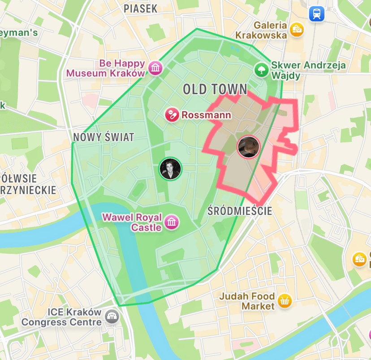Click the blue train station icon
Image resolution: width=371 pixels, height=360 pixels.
pos(317,14)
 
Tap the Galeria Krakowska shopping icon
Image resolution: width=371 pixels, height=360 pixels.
pos(296,30)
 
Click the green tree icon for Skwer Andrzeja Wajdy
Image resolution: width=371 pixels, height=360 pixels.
pos(260,69)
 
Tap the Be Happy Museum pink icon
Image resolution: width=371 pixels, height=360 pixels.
pos(155,68)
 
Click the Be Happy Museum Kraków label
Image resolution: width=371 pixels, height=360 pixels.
pos(107,68)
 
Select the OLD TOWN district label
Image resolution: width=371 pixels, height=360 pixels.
pos(215,89)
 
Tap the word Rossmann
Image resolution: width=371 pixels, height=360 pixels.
pos(206,115)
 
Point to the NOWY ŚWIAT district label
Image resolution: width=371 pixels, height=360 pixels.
pos(104,138)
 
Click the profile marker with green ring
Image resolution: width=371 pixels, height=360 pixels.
pos(170,169)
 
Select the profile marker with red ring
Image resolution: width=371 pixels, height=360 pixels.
pos(248,147)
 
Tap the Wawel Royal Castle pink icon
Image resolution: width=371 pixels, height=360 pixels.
pos(171,222)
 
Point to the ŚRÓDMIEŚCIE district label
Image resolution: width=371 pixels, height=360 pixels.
pos(240,211)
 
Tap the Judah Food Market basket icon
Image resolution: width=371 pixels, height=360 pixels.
pos(284,301)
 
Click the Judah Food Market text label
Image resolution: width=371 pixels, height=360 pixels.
pos(246,301)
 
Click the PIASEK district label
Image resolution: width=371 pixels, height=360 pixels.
pos(141,9)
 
